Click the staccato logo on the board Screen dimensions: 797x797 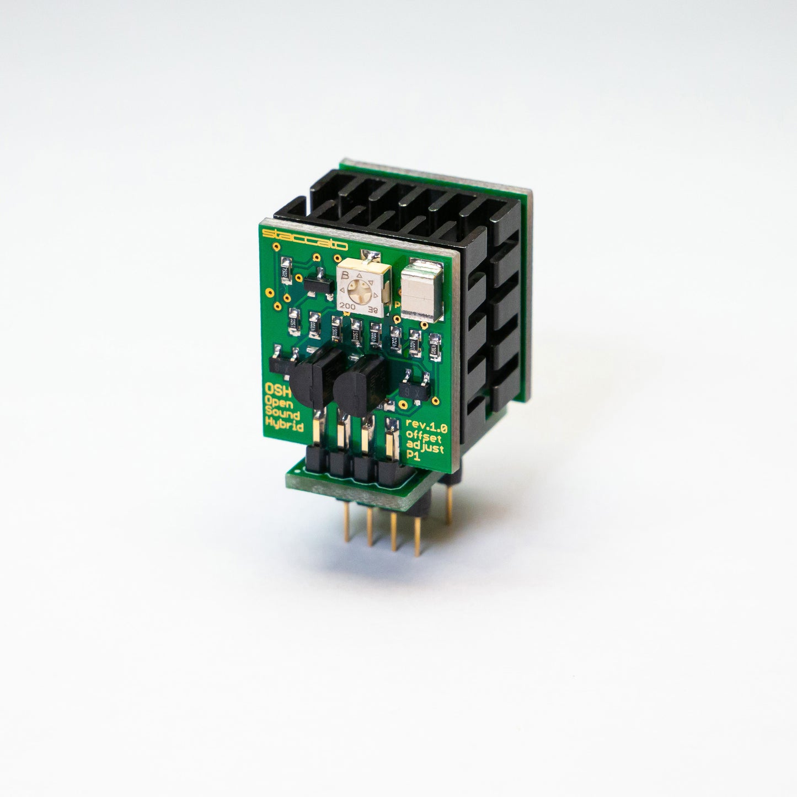click(x=304, y=239)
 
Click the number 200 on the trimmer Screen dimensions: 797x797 click(x=347, y=305)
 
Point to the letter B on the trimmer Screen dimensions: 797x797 click(x=345, y=275)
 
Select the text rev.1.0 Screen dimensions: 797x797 click(x=426, y=425)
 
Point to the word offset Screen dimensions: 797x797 click(x=426, y=435)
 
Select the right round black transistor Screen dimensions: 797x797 click(x=359, y=379)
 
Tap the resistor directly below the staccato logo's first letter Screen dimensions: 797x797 click(x=285, y=270)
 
